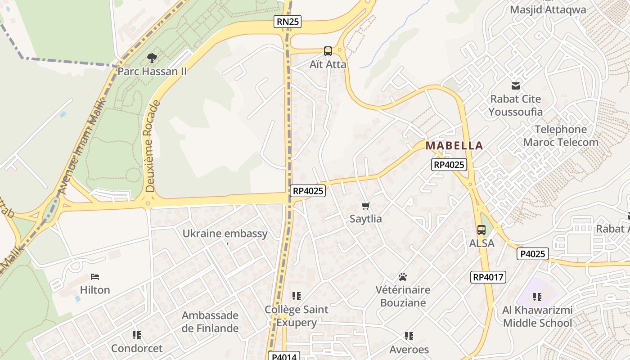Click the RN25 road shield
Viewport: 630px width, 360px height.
[x=287, y=21]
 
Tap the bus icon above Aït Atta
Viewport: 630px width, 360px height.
[x=328, y=51]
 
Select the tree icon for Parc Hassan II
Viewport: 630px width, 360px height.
[x=152, y=58]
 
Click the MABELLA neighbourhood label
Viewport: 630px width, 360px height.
[x=454, y=146]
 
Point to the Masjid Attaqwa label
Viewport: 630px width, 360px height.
[x=548, y=10]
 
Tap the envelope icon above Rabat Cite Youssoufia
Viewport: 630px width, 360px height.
[x=515, y=85]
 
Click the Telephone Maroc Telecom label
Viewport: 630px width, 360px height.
[x=561, y=136]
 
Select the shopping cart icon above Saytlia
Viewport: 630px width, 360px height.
[x=365, y=206]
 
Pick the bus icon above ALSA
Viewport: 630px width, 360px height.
[x=481, y=230]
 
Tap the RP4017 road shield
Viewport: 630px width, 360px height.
[x=488, y=277]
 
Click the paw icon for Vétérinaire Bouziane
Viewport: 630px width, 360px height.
[x=403, y=277]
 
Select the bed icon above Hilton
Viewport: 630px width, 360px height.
[x=94, y=277]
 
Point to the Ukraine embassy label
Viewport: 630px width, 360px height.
[x=225, y=234]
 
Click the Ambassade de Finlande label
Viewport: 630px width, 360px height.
[x=210, y=322]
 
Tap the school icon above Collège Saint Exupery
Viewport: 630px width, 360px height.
[x=296, y=296]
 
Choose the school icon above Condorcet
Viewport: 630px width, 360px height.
[x=137, y=335]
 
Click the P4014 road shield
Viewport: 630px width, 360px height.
[x=284, y=356]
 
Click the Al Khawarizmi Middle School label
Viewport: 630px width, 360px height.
[x=537, y=316]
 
